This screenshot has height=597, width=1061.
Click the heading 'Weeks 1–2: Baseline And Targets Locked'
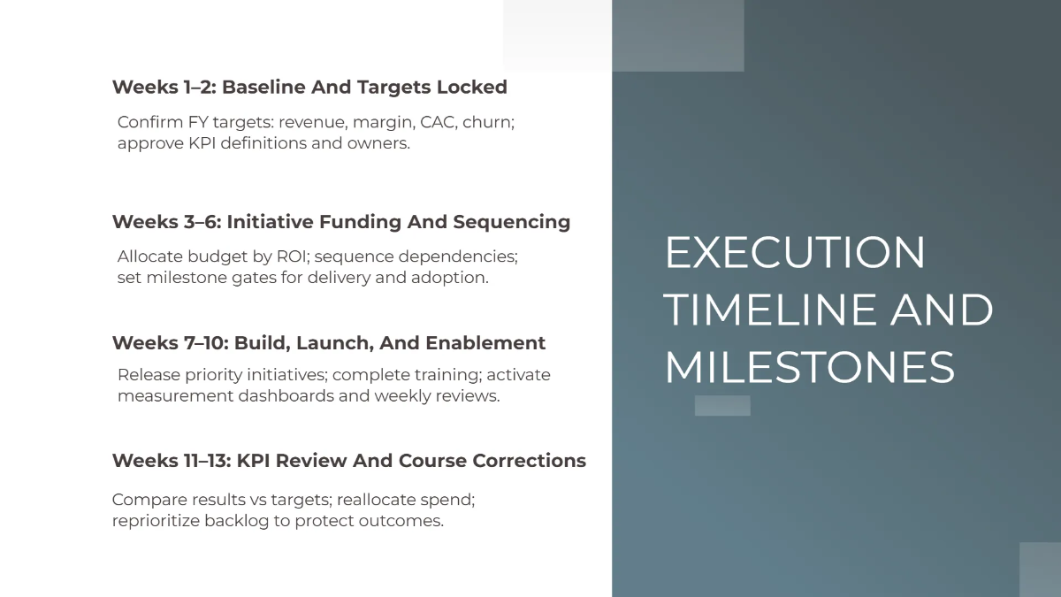pyautogui.click(x=309, y=88)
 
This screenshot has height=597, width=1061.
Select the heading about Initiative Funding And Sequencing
pyautogui.click(x=340, y=222)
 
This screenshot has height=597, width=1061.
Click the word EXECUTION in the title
pyautogui.click(x=794, y=253)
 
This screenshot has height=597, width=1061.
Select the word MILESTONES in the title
pyautogui.click(x=809, y=368)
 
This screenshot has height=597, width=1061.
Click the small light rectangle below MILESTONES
pyautogui.click(x=722, y=406)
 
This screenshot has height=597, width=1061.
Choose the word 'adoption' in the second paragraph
pyautogui.click(x=450, y=278)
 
